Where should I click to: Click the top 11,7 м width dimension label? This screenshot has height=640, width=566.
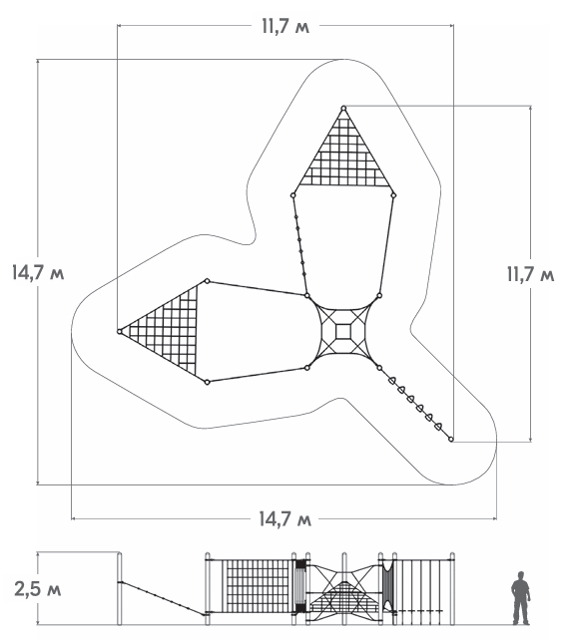point(285,27)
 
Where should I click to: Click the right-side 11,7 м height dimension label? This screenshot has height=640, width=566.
point(530,274)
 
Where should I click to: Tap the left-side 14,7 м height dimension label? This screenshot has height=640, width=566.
point(38,272)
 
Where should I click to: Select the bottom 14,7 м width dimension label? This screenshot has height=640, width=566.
point(285,519)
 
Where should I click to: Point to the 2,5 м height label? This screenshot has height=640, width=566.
point(38,589)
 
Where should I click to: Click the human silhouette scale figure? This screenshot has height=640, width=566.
point(521,598)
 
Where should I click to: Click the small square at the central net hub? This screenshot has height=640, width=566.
point(343,331)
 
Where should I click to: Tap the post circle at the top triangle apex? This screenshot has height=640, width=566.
point(343,109)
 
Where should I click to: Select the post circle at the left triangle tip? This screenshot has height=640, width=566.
point(120,331)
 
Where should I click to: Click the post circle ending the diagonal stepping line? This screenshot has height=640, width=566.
point(451,440)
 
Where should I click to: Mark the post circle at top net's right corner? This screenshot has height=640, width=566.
point(393,195)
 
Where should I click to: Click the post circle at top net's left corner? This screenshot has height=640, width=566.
point(293,195)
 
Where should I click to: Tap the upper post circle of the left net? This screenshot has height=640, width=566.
point(208,281)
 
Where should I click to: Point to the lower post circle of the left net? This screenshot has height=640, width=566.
point(208,382)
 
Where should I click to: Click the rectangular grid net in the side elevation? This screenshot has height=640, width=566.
point(258,586)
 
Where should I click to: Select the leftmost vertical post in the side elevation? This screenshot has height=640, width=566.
point(120,588)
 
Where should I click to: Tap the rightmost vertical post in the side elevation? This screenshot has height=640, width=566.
point(452,588)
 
